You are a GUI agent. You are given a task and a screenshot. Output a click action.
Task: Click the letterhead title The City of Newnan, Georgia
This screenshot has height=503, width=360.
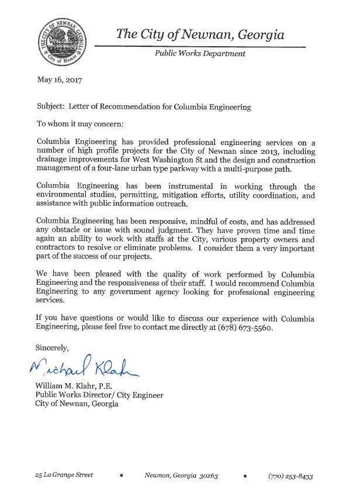pos(200,35)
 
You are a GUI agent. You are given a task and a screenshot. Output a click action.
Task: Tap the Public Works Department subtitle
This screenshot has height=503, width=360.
pos(199,53)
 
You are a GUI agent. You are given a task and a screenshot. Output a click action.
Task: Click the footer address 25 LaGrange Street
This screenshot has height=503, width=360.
pos(64,476)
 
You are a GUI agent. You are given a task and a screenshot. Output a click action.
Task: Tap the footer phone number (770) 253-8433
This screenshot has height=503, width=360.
pos(290,476)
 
